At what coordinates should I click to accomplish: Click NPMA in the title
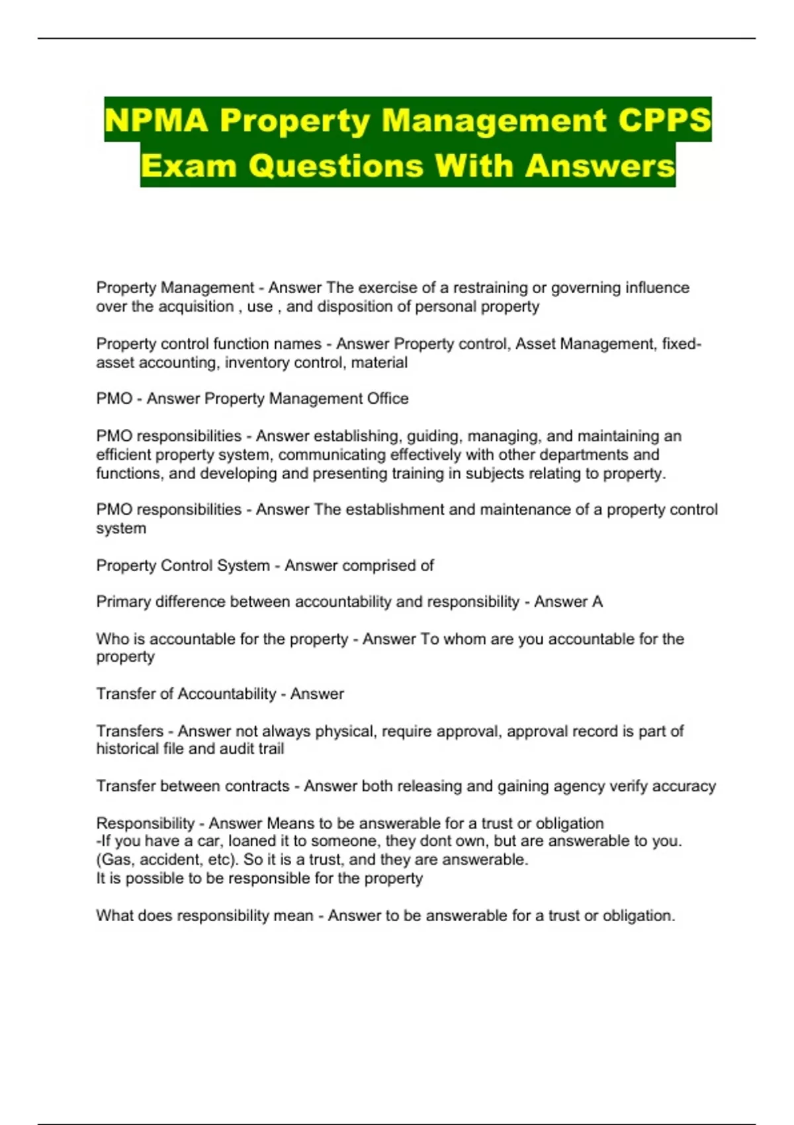click(x=157, y=121)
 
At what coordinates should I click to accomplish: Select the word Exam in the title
click(x=189, y=165)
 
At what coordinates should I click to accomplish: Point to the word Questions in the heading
click(x=336, y=165)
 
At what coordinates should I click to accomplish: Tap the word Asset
click(x=534, y=344)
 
